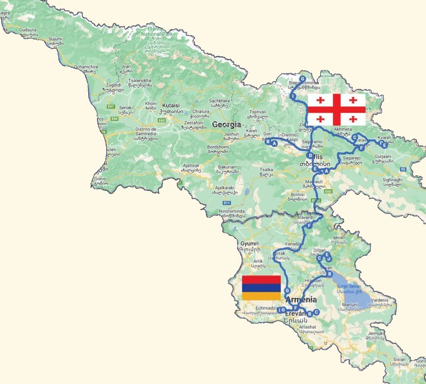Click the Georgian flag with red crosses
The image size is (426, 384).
coord(337,109)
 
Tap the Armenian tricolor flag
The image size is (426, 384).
coord(261,288)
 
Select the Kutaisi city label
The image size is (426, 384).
coord(172,105)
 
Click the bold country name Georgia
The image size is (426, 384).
coord(226,125)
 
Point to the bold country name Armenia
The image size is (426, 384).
coord(301,300)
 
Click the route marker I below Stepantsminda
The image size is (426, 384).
coord(293,95)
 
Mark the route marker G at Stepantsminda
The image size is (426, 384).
coord(302,79)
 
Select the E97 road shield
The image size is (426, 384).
coord(100,106)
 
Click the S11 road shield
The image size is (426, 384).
coord(226,203)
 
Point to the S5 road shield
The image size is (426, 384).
coord(403,169)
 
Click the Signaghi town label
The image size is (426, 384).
coord(392,179)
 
